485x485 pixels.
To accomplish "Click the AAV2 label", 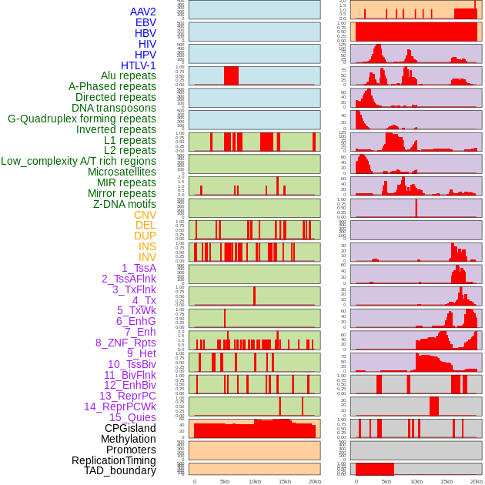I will tap(142, 12).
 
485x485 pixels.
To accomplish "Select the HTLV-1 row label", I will tap(138, 65).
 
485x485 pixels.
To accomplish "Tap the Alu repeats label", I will tap(128, 75).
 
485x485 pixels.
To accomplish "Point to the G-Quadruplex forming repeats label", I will tap(82, 119).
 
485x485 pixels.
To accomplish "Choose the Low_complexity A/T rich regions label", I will tap(79, 161).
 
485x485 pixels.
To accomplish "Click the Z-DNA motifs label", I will tap(124, 204).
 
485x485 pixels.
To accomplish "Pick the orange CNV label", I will tap(145, 215).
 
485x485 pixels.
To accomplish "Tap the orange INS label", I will tap(147, 246).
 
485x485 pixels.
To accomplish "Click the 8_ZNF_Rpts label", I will tap(125, 343).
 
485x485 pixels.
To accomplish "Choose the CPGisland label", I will tap(130, 428).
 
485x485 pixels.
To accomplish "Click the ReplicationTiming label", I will tap(113, 460).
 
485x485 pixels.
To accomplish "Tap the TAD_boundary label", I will tap(119, 470).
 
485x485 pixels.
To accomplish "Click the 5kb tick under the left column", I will tap(225, 481).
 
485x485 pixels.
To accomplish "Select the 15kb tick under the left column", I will tap(285, 481).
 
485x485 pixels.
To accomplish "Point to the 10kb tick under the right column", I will tap(416, 481).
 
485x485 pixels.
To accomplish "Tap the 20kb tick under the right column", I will tap(477, 481).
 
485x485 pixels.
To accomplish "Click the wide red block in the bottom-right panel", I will tap(374, 469).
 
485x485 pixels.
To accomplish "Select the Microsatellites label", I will tap(122, 172).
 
